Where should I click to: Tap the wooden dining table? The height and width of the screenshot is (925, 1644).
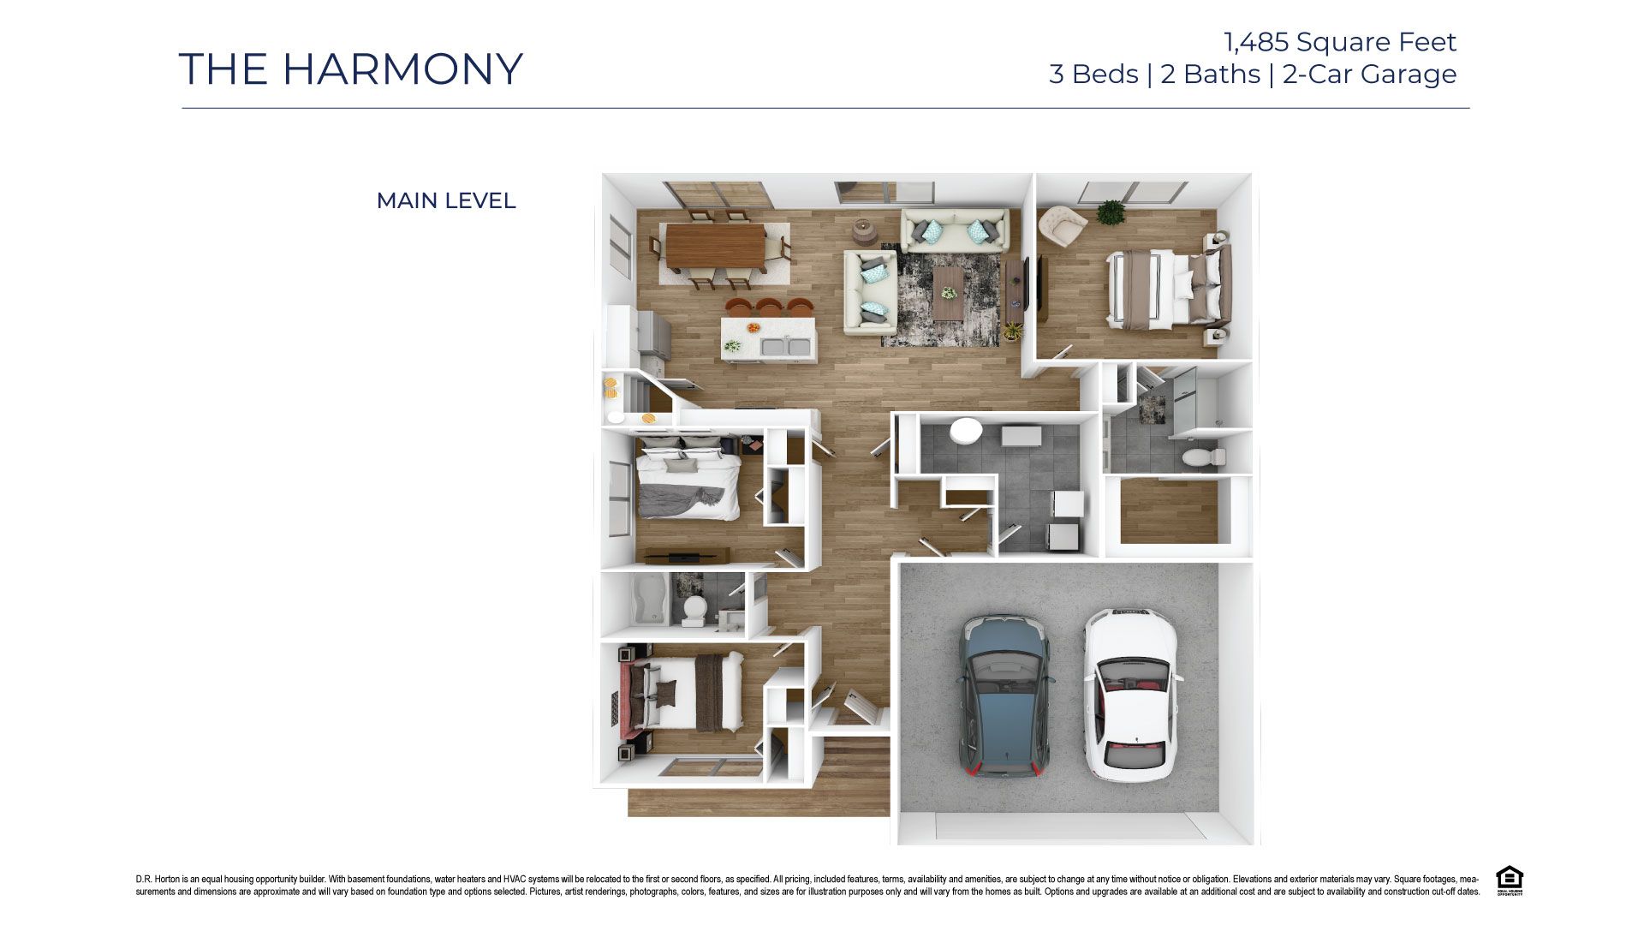pyautogui.click(x=716, y=246)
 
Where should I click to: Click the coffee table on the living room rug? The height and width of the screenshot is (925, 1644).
pyautogui.click(x=948, y=290)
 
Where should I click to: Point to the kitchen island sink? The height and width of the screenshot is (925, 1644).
pyautogui.click(x=186, y=347)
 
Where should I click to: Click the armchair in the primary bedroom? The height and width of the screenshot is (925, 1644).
pyautogui.click(x=1062, y=225)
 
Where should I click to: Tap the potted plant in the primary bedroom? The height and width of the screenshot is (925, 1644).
pyautogui.click(x=1111, y=212)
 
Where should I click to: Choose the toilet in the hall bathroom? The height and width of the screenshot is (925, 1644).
pyautogui.click(x=694, y=609)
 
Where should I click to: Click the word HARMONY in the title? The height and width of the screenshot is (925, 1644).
pyautogui.click(x=402, y=69)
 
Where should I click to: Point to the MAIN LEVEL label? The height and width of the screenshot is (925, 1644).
pyautogui.click(x=445, y=200)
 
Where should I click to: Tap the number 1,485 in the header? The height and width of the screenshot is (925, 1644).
pyautogui.click(x=1255, y=42)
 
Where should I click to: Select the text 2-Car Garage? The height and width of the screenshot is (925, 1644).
pyautogui.click(x=1369, y=75)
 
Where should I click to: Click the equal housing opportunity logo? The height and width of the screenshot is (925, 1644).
pyautogui.click(x=1509, y=880)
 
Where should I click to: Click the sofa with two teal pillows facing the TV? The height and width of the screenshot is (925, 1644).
pyautogui.click(x=955, y=230)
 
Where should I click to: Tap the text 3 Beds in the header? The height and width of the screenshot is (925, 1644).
pyautogui.click(x=1093, y=75)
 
